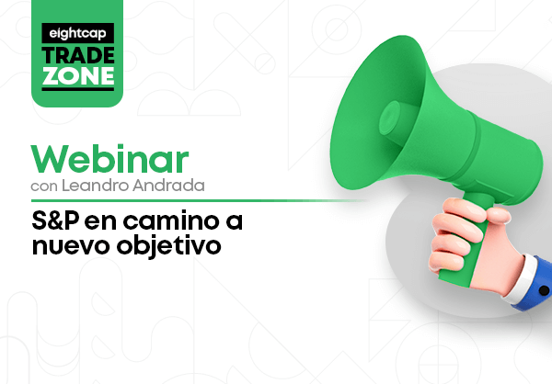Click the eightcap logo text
[78, 34]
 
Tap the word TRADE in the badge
[78, 55]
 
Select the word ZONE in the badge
[78, 76]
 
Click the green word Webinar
[109, 159]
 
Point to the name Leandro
[96, 186]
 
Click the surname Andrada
[168, 186]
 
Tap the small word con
[44, 186]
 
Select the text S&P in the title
[55, 220]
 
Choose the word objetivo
[169, 245]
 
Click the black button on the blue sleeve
[544, 290]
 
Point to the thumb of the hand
[497, 213]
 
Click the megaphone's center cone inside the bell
[390, 119]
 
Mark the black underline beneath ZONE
[78, 89]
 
